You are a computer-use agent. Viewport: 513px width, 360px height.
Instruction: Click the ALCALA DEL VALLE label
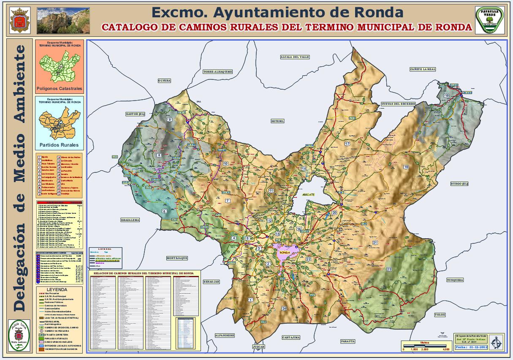pyautogui.click(x=295, y=57)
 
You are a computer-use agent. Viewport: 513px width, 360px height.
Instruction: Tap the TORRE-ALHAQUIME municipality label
pyautogui.click(x=217, y=72)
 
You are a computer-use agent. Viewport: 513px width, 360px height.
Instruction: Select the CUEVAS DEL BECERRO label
pyautogui.click(x=398, y=104)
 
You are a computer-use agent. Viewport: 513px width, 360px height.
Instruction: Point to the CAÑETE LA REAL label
pyautogui.click(x=423, y=69)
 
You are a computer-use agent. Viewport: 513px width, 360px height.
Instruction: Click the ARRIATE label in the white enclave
pyautogui.click(x=309, y=194)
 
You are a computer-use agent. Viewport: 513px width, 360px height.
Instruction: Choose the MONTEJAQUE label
pyautogui.click(x=177, y=258)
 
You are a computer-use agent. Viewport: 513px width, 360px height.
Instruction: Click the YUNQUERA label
pyautogui.click(x=455, y=280)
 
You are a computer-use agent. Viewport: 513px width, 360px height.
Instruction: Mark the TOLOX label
pyautogui.click(x=440, y=315)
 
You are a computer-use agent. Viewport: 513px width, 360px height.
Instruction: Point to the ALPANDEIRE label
pyautogui.click(x=224, y=335)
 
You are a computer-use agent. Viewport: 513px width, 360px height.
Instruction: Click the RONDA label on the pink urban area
pyautogui.click(x=285, y=253)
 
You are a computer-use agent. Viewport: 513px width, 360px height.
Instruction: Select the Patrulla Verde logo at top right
pyautogui.click(x=490, y=19)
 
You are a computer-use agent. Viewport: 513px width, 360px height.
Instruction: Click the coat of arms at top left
pyautogui.click(x=18, y=21)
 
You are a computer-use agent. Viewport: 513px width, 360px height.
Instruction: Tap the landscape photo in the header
pyautogui.click(x=63, y=20)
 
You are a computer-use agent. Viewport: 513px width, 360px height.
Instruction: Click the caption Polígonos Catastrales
pyautogui.click(x=59, y=89)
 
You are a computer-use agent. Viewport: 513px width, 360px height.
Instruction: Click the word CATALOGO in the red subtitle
pyautogui.click(x=128, y=27)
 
